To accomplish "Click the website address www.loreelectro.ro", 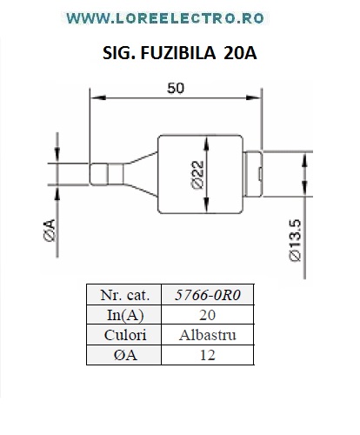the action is tap(165, 18).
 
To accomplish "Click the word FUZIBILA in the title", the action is tap(178, 53).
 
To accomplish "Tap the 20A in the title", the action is tap(240, 53).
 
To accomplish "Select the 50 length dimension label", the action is tap(176, 88).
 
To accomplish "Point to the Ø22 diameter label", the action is tap(197, 175).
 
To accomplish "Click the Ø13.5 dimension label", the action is tap(296, 240).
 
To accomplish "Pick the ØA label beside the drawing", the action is tap(50, 231).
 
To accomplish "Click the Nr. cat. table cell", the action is tap(124, 295).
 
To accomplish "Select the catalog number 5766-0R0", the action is tap(208, 295).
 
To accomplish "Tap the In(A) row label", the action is tap(124, 315).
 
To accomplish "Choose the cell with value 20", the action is tap(208, 315).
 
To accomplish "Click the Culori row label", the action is tap(124, 335).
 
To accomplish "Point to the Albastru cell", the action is tap(208, 335).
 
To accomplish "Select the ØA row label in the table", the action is tap(124, 355).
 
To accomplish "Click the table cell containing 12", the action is tap(208, 355).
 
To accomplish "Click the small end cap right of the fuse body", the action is tap(253, 174).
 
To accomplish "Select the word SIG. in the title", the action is tap(119, 53).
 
